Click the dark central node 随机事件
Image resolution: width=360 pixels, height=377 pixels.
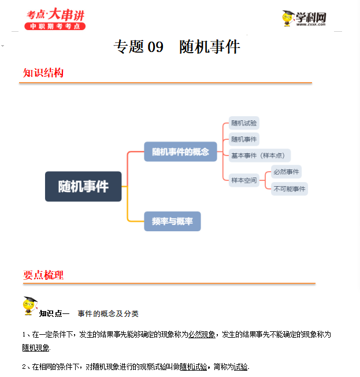pyautogui.click(x=83, y=186)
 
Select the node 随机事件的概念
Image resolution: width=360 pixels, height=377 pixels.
pyautogui.click(x=180, y=151)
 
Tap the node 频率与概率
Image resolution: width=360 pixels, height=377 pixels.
pyautogui.click(x=172, y=221)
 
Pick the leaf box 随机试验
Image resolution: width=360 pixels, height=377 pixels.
pyautogui.click(x=244, y=123)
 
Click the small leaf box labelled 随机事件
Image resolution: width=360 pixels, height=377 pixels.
pyautogui.click(x=244, y=139)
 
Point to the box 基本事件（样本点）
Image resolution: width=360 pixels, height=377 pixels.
pyautogui.click(x=259, y=155)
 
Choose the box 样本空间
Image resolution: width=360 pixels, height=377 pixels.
pyautogui.click(x=244, y=180)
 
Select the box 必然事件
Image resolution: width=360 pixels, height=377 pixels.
pyautogui.click(x=287, y=172)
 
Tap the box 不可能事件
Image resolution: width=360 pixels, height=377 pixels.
pyautogui.click(x=290, y=188)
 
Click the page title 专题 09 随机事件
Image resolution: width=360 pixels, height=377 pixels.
pyautogui.click(x=176, y=47)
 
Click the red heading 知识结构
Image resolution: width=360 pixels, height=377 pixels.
pyautogui.click(x=43, y=73)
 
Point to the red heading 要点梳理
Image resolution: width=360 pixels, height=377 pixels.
pyautogui.click(x=43, y=275)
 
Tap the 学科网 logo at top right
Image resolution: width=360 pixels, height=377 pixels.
pyautogui.click(x=304, y=19)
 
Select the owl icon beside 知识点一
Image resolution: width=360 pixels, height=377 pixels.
pyautogui.click(x=29, y=306)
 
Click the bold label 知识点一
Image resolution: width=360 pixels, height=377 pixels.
pyautogui.click(x=54, y=313)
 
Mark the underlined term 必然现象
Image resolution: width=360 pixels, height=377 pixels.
pyautogui.click(x=202, y=334)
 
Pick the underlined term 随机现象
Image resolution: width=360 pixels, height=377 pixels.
pyautogui.click(x=36, y=348)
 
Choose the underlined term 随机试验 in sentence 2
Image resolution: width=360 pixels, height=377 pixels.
pyautogui.click(x=193, y=367)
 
